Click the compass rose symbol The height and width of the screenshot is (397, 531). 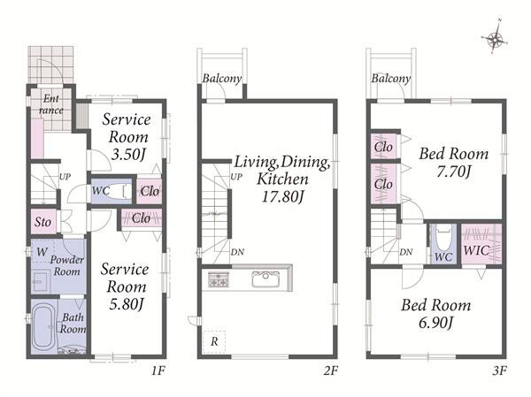(x=495, y=38)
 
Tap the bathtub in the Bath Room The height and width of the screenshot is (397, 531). (x=42, y=327)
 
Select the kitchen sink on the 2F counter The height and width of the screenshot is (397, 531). (x=265, y=279)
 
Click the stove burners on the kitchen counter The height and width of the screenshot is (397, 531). (x=218, y=279)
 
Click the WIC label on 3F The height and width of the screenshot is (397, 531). (x=476, y=251)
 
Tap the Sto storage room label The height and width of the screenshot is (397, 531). (x=42, y=222)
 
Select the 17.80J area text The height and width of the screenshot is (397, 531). (x=282, y=197)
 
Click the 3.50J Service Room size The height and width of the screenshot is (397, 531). (x=128, y=155)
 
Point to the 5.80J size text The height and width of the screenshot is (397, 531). (x=127, y=305)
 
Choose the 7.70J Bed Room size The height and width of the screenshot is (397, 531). (x=453, y=172)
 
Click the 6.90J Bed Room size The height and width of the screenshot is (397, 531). (x=435, y=323)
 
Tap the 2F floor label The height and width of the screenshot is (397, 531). (x=330, y=371)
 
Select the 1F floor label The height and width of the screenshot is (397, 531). (x=158, y=371)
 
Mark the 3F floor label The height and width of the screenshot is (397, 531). (x=499, y=371)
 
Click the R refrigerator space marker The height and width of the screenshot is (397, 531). (x=214, y=342)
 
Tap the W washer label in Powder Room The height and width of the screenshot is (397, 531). (x=42, y=252)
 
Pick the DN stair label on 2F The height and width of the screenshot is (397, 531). (x=237, y=252)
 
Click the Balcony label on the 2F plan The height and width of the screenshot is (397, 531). (x=222, y=79)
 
